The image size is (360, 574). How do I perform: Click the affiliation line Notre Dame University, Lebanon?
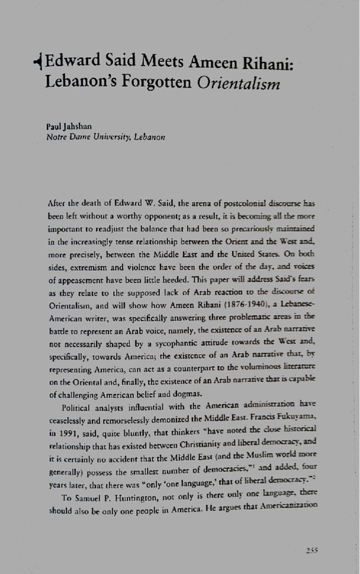pyautogui.click(x=105, y=137)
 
